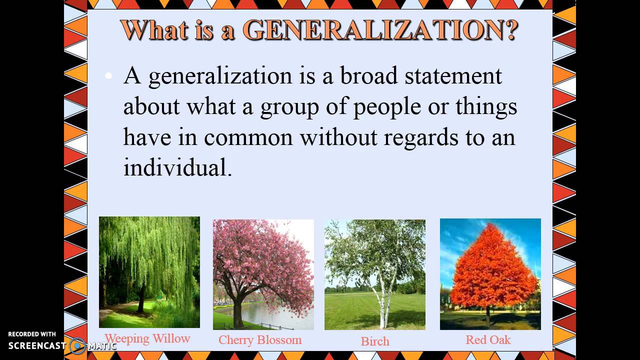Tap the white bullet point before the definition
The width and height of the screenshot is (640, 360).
[108, 76]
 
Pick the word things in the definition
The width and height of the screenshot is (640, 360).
[486, 106]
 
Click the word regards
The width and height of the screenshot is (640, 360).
[420, 138]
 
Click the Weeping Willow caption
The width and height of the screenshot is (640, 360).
[147, 338]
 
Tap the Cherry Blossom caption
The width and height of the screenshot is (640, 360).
[260, 340]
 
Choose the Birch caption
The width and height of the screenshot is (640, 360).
[375, 341]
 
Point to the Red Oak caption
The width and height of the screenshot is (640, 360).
[488, 340]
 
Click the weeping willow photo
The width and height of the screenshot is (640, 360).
[149, 272]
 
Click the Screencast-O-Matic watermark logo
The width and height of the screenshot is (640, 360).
[77, 345]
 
